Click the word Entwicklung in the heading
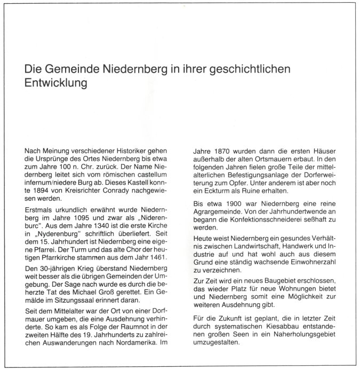point(56,83)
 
